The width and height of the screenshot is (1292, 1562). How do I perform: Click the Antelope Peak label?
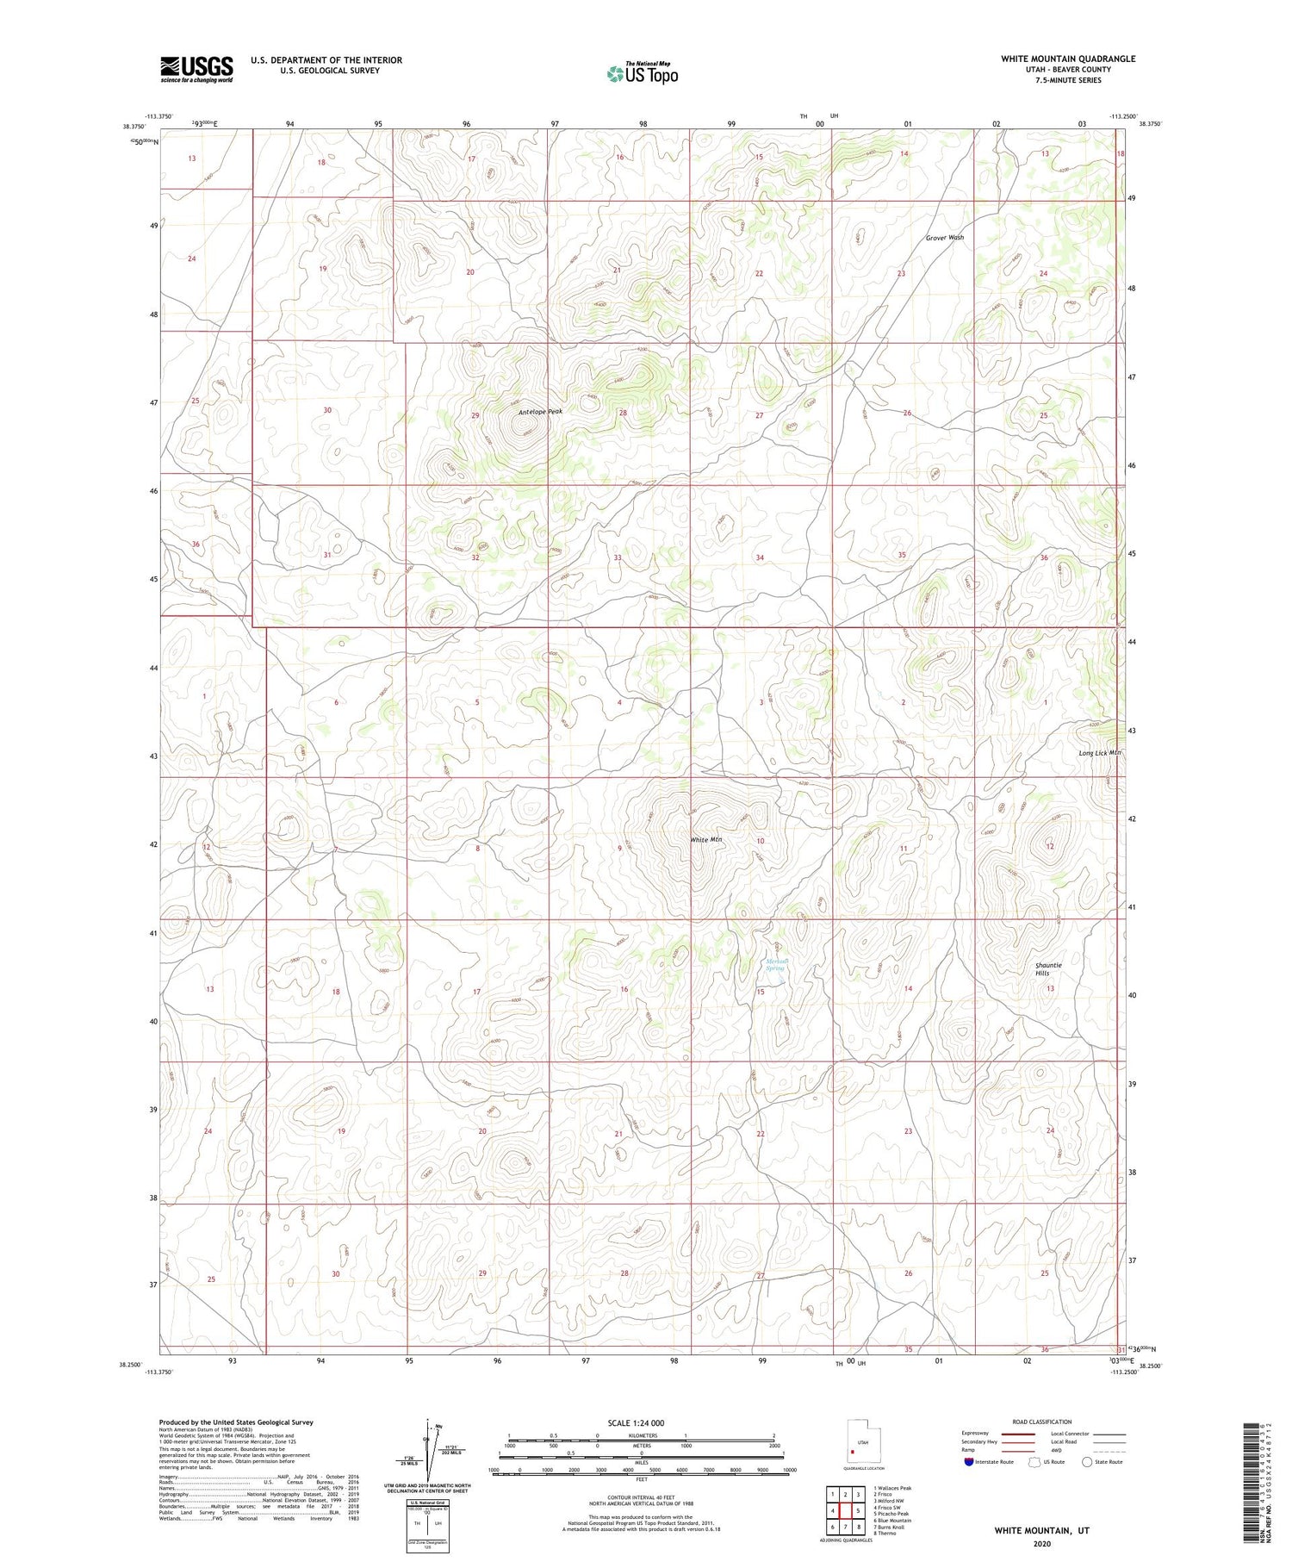click(540, 412)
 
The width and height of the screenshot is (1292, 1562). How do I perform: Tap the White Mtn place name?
click(705, 839)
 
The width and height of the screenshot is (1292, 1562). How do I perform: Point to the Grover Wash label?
click(945, 238)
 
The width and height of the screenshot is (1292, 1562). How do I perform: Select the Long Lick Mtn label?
click(1100, 753)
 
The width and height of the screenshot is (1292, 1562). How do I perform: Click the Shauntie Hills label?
click(1048, 969)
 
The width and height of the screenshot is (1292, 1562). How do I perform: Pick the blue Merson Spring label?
click(777, 965)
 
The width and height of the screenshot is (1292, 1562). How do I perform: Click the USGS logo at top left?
click(196, 69)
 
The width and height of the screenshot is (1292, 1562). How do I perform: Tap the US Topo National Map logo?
click(642, 73)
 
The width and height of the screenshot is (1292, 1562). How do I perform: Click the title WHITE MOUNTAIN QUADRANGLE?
click(1068, 59)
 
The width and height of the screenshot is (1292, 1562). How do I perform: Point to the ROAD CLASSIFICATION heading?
click(1042, 1422)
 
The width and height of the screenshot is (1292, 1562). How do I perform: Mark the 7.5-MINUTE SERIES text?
click(1068, 80)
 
